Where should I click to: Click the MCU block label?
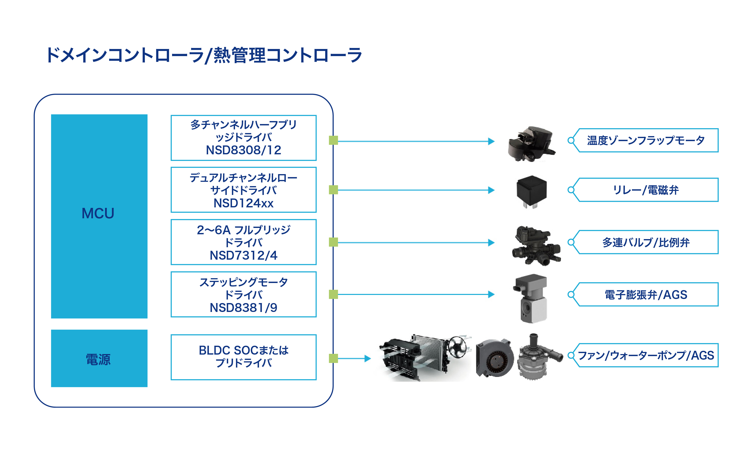click(98, 213)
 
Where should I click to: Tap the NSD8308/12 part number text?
click(243, 150)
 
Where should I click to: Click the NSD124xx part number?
click(243, 203)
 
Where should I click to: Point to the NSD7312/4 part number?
click(243, 255)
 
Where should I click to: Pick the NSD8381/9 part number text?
click(243, 308)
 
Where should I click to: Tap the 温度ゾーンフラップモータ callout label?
click(645, 140)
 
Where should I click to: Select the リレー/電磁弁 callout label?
click(645, 190)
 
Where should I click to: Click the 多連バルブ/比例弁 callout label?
click(645, 242)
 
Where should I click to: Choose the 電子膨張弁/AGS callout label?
click(645, 295)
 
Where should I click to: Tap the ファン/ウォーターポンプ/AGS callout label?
click(645, 355)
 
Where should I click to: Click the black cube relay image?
click(531, 191)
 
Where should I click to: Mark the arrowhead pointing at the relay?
click(491, 190)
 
